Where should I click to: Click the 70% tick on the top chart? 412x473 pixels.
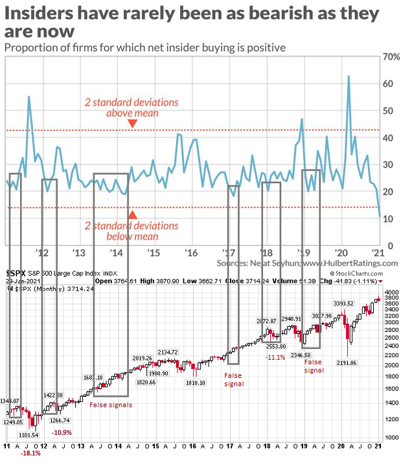coord(391,57)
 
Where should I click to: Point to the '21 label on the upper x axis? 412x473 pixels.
coord(378,252)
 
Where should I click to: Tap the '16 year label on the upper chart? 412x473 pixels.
coord(191,252)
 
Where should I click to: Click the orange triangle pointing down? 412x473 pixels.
coord(132,123)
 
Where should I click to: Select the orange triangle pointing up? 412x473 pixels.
coord(132,215)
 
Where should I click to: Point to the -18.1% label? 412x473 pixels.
coord(30,453)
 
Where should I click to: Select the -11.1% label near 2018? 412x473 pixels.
coord(275,357)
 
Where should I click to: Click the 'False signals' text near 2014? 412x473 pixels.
coord(111,405)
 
